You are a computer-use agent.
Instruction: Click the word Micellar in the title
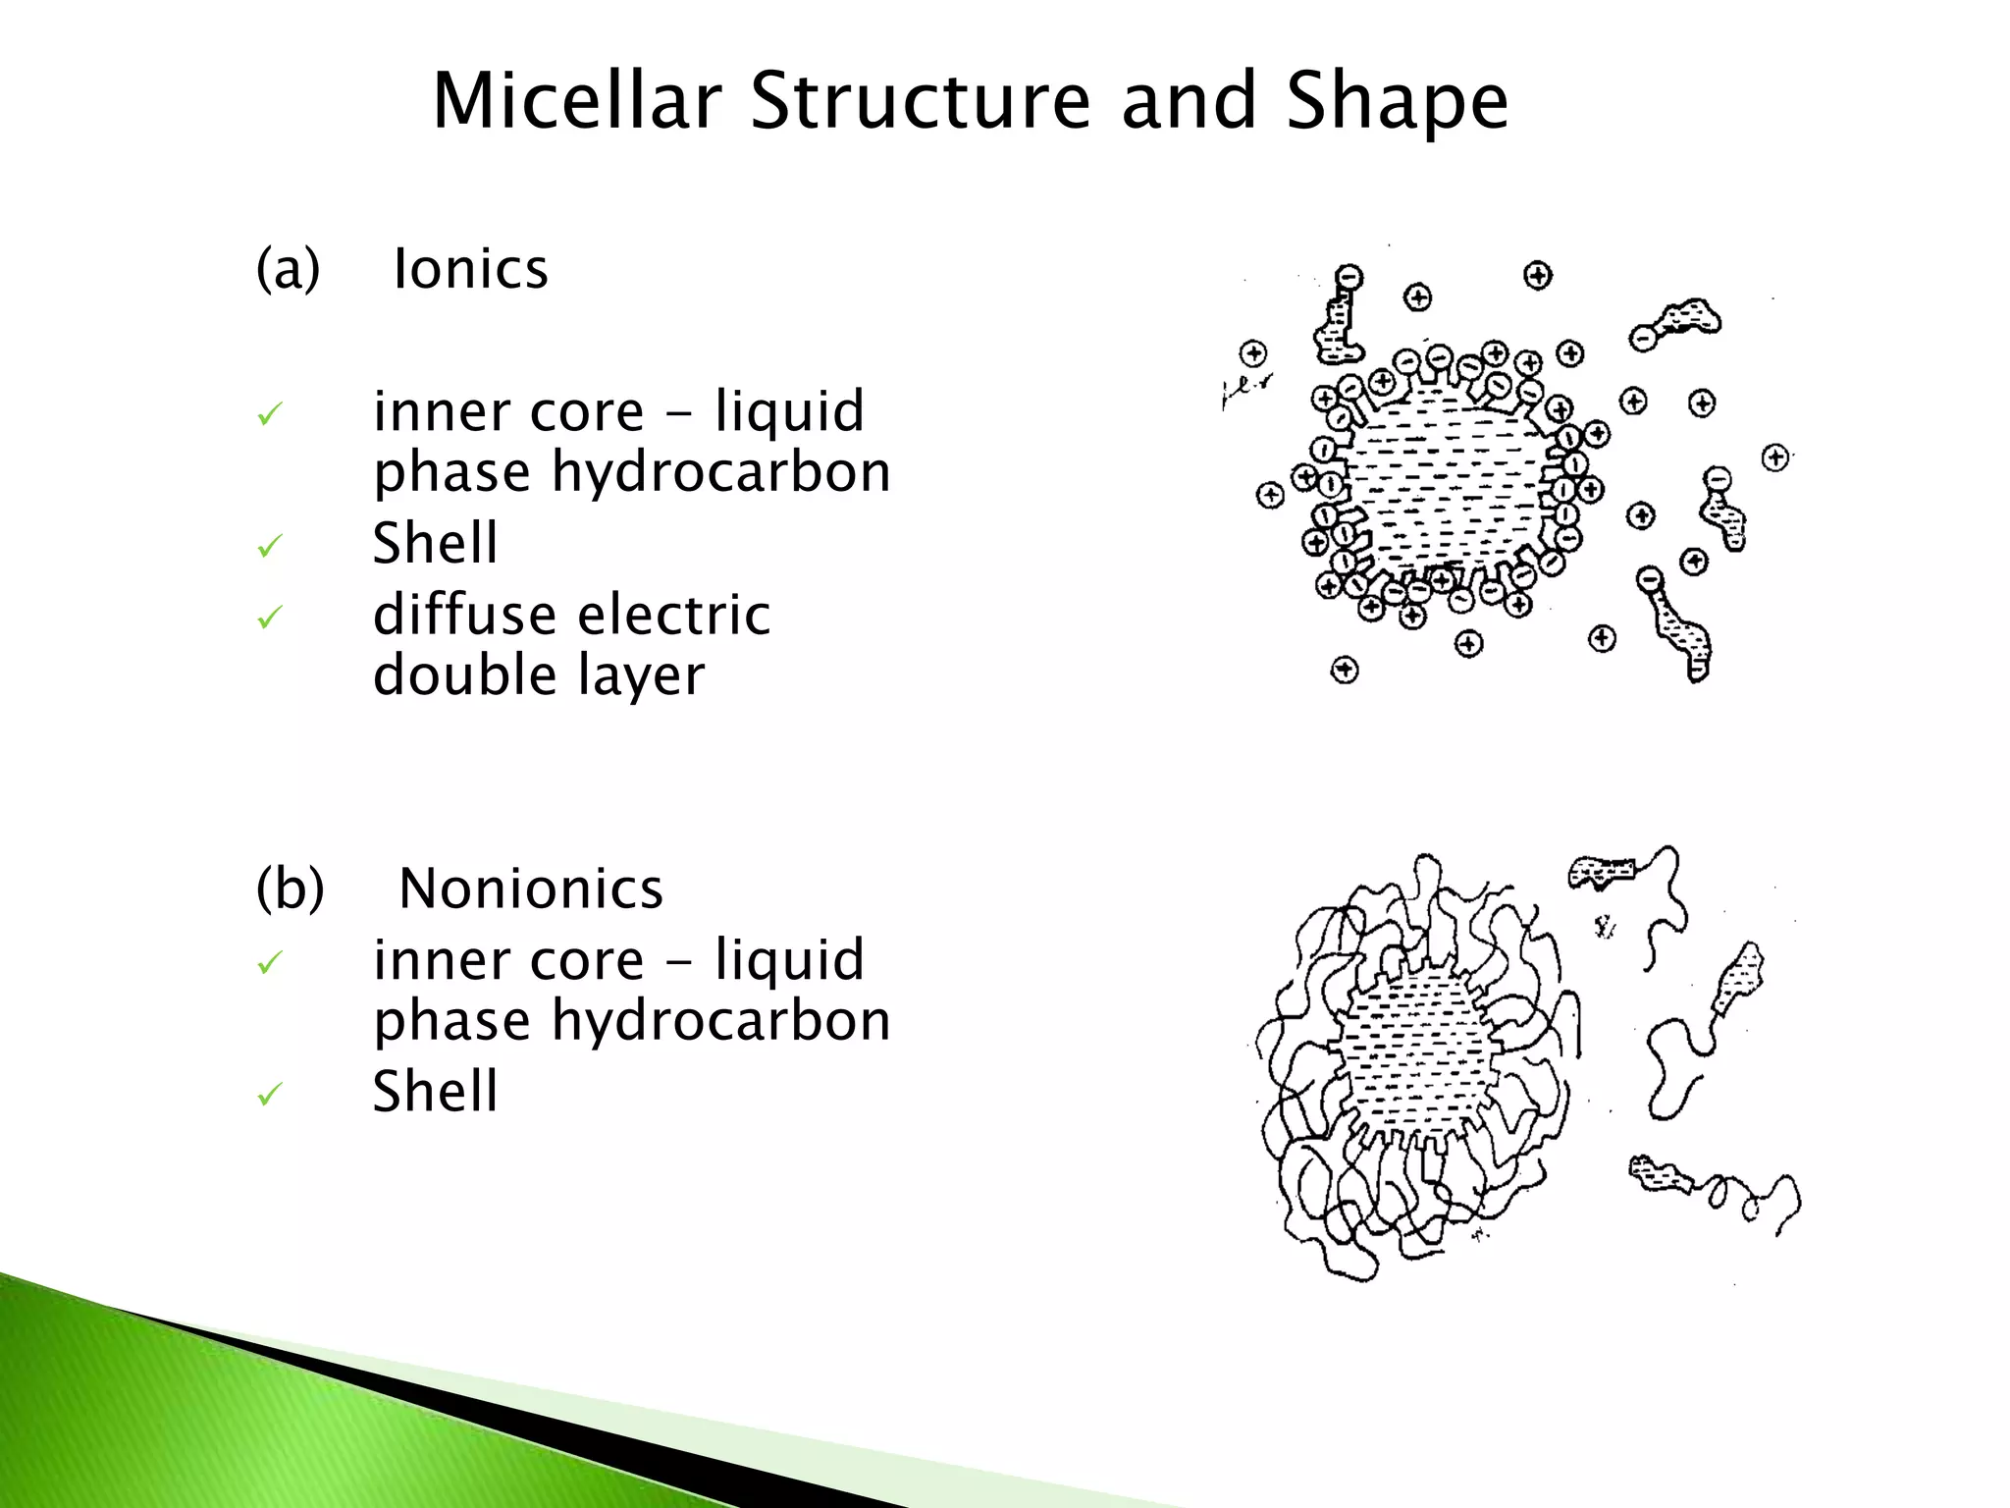click(577, 101)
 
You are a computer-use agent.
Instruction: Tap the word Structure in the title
click(920, 101)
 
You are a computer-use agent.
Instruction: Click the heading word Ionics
click(470, 269)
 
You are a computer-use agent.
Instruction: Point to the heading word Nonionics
click(531, 889)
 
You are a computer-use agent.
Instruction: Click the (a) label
click(288, 269)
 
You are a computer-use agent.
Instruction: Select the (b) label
click(290, 889)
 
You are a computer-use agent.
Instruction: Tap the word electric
click(674, 616)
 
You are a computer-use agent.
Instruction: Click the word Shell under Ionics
click(435, 543)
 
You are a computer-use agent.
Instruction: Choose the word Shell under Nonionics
click(435, 1091)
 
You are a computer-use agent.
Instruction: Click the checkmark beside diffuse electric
click(269, 618)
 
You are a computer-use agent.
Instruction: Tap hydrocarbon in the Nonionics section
click(720, 1021)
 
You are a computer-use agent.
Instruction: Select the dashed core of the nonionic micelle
click(1419, 1051)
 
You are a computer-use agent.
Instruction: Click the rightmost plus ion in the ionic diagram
click(1774, 458)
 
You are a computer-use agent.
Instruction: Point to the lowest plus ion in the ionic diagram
click(1345, 671)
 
